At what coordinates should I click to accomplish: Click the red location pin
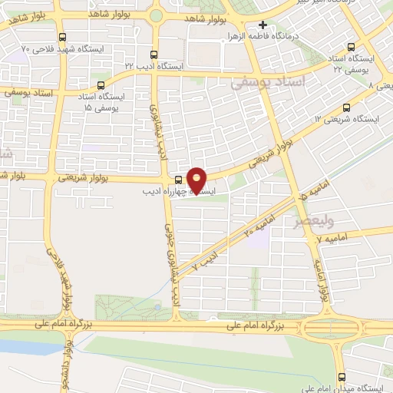pyautogui.click(x=197, y=180)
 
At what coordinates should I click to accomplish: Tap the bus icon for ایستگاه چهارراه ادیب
pyautogui.click(x=179, y=181)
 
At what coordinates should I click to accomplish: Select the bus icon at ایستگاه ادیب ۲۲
pyautogui.click(x=154, y=55)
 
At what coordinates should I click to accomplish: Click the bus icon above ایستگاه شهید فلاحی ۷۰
pyautogui.click(x=63, y=36)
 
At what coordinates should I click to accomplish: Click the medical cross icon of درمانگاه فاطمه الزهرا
pyautogui.click(x=263, y=25)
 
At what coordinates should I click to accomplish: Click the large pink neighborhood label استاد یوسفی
pyautogui.click(x=273, y=81)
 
